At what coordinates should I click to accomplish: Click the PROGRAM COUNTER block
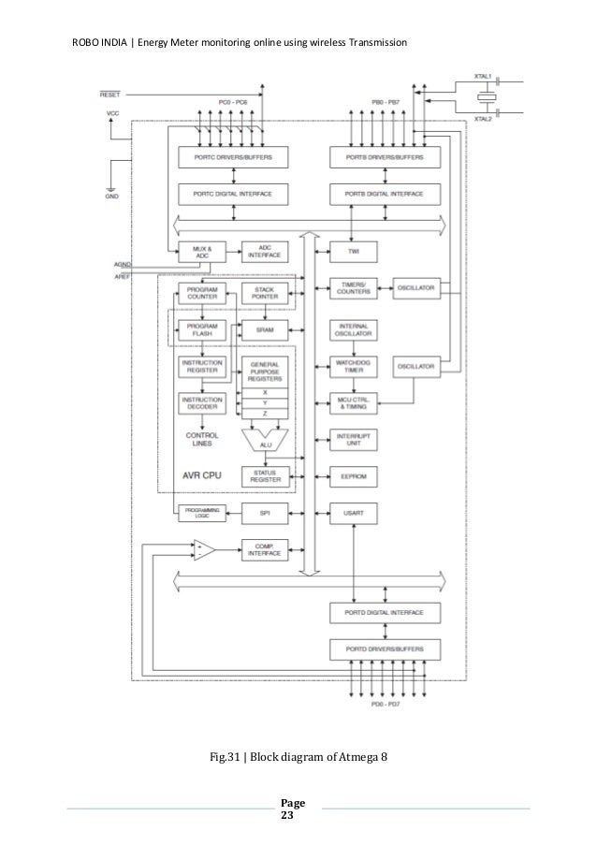coord(202,292)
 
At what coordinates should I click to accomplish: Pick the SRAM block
coord(263,331)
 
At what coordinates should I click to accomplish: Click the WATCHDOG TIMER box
coord(353,366)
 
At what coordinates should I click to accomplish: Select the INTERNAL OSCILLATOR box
coord(353,331)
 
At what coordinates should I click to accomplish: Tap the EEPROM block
coord(353,475)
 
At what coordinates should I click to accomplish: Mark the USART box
coord(353,513)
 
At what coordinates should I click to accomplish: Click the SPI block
coord(263,513)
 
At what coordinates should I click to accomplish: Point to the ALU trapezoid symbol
coord(264,442)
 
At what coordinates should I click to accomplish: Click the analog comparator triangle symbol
coord(203,550)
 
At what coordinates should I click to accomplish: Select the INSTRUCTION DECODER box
coord(202,403)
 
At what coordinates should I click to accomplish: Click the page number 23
coord(287,816)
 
